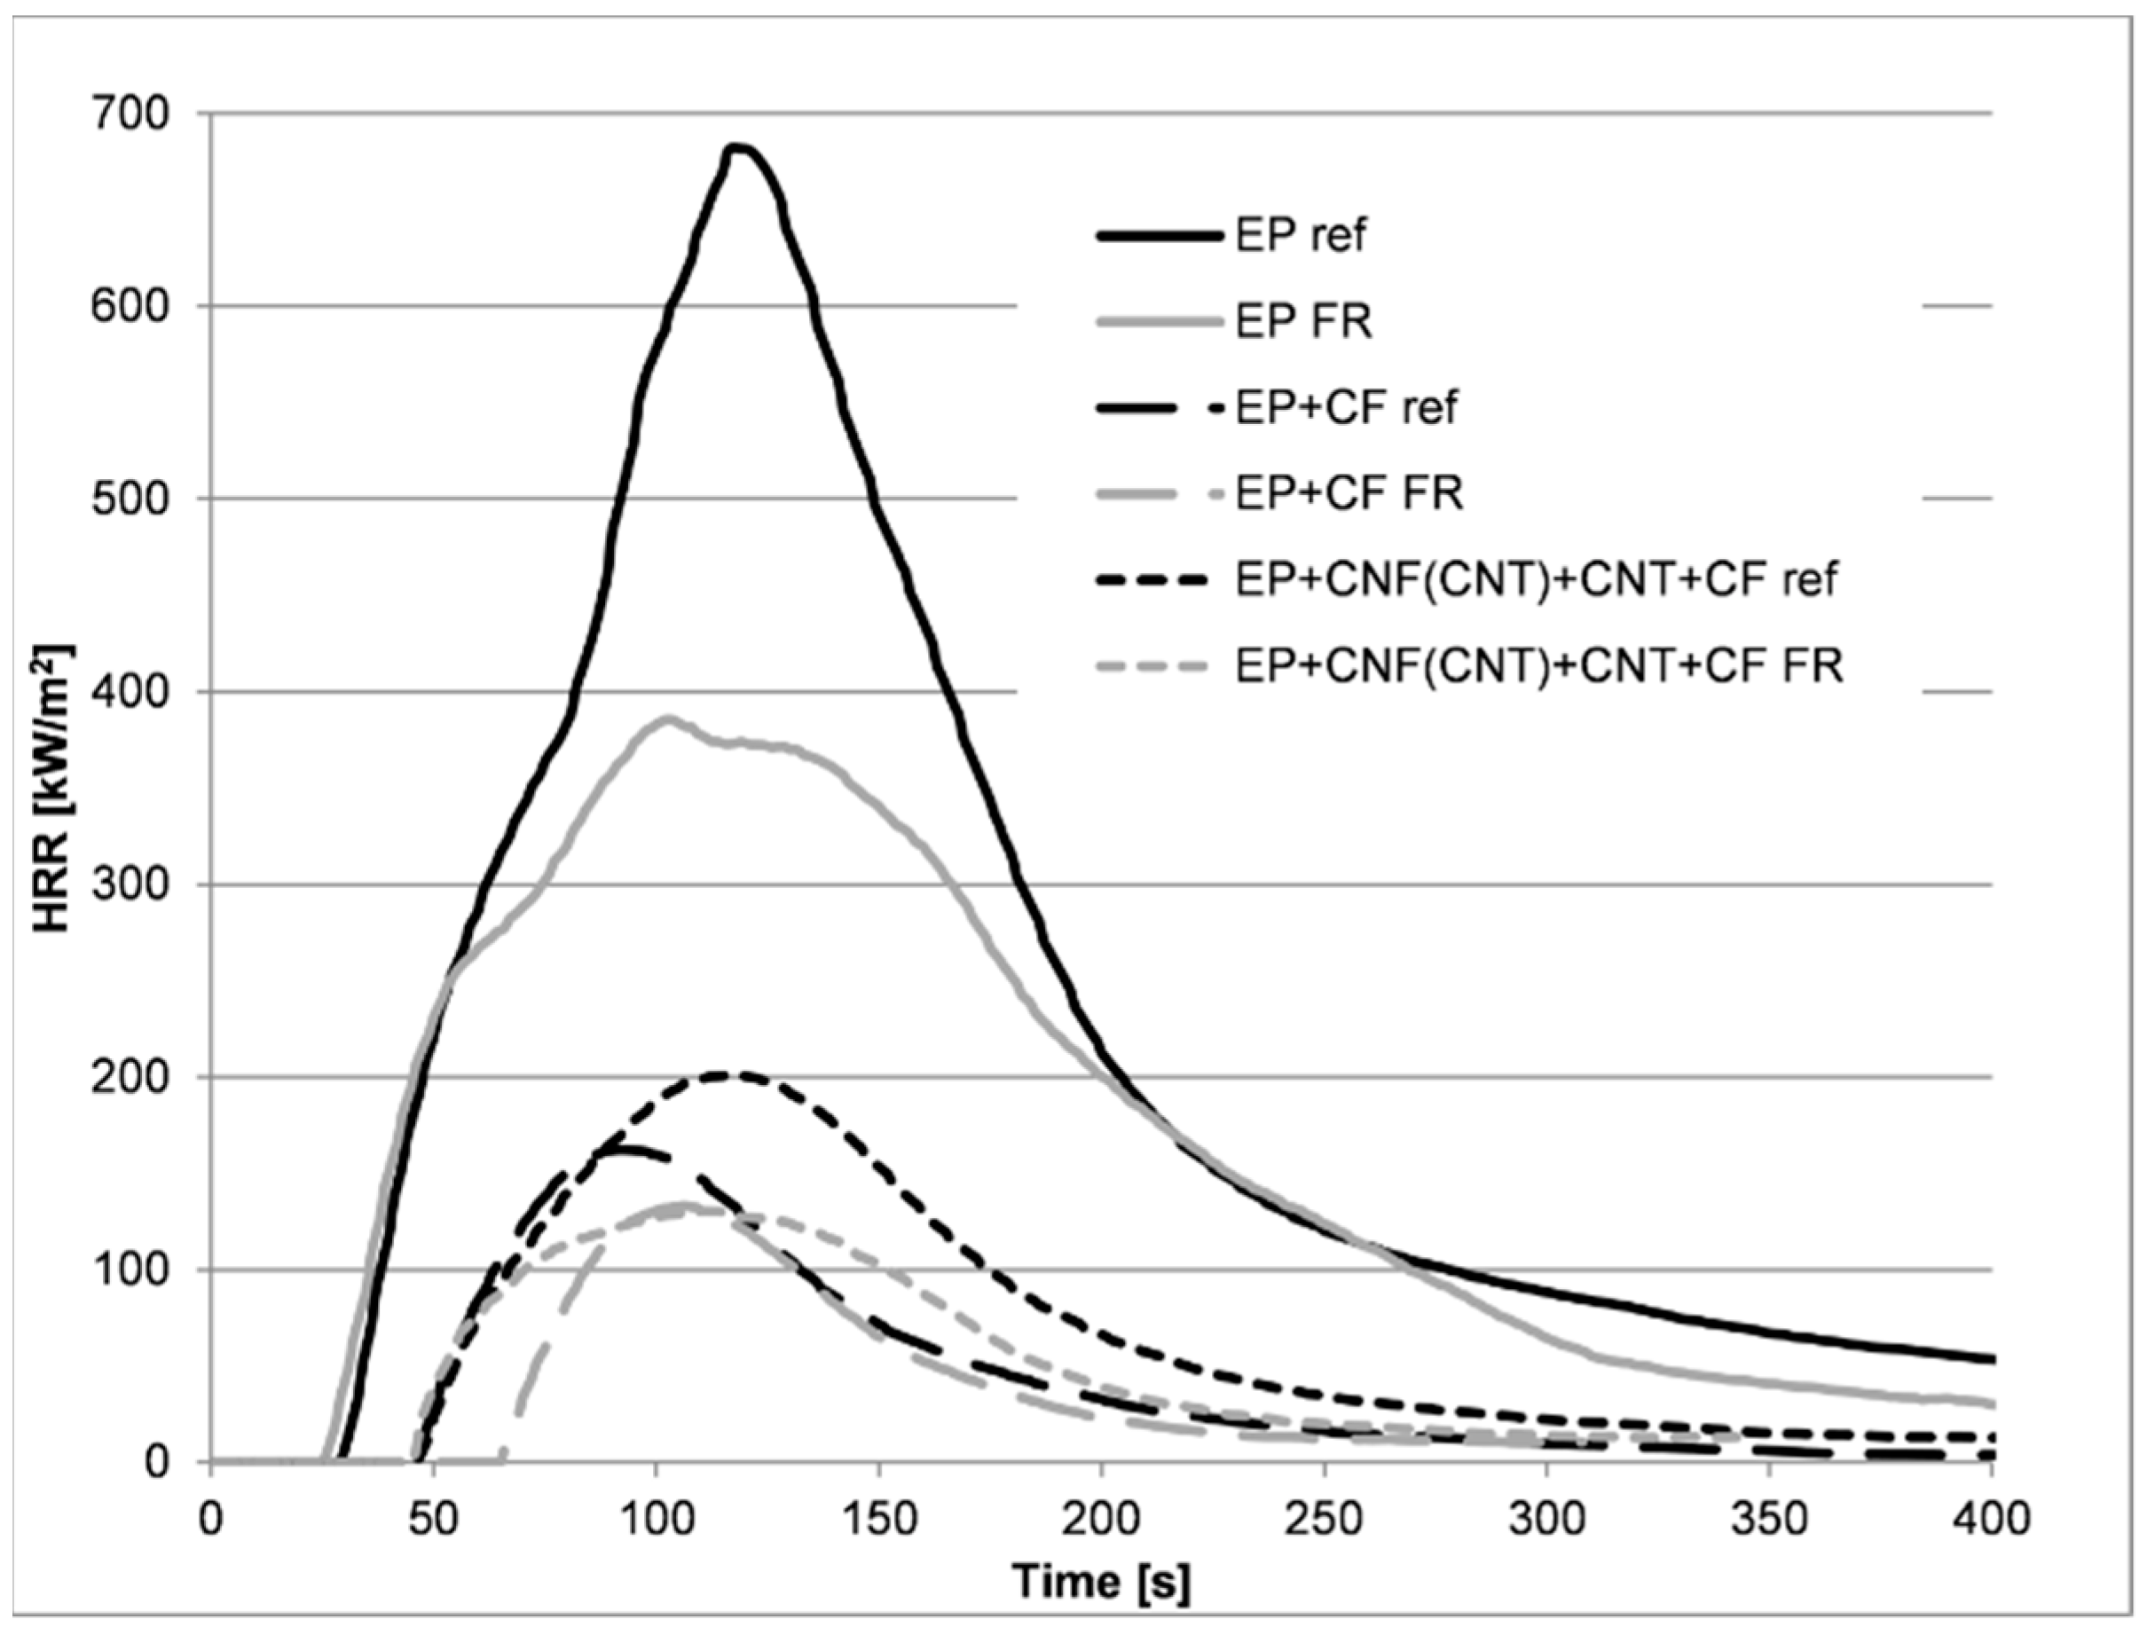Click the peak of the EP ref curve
tap(738, 147)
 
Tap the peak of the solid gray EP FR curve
tap(666, 719)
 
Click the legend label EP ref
tap(1301, 235)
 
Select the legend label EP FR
tap(1303, 321)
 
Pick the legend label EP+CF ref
tap(1346, 408)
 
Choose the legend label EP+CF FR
tap(1349, 493)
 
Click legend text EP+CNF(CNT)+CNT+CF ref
tap(1536, 580)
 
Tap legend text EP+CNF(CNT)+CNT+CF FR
tap(1538, 666)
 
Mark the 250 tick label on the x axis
tap(1324, 1519)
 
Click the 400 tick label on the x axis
tap(1991, 1519)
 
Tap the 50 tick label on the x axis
tap(433, 1519)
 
